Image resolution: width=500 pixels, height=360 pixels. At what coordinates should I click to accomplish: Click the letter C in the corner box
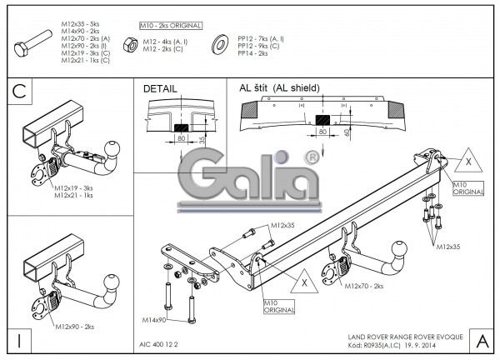(19, 94)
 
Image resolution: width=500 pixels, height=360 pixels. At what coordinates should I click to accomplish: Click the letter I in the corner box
(17, 339)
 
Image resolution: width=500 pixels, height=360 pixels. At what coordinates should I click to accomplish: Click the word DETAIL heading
(160, 87)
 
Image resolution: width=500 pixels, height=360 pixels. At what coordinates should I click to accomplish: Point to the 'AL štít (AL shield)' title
(279, 87)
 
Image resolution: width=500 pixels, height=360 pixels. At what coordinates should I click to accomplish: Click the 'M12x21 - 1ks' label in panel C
(74, 197)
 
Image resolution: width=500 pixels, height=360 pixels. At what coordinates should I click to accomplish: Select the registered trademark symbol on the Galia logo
(310, 156)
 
